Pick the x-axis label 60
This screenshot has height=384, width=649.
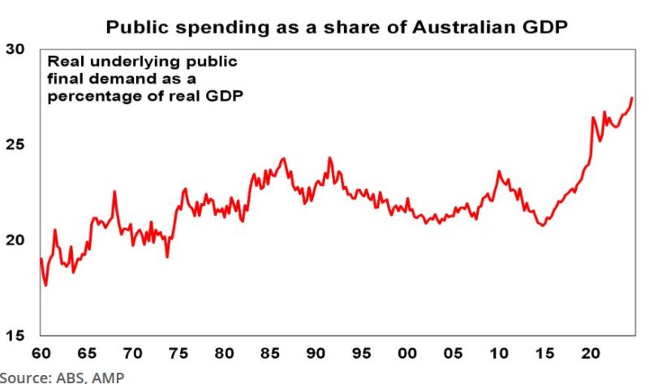click(x=41, y=354)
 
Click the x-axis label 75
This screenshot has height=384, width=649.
click(x=178, y=354)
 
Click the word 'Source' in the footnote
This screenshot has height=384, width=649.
click(x=24, y=377)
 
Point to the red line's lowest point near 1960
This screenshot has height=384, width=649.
click(x=46, y=285)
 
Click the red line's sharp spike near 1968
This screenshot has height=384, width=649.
click(x=114, y=192)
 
